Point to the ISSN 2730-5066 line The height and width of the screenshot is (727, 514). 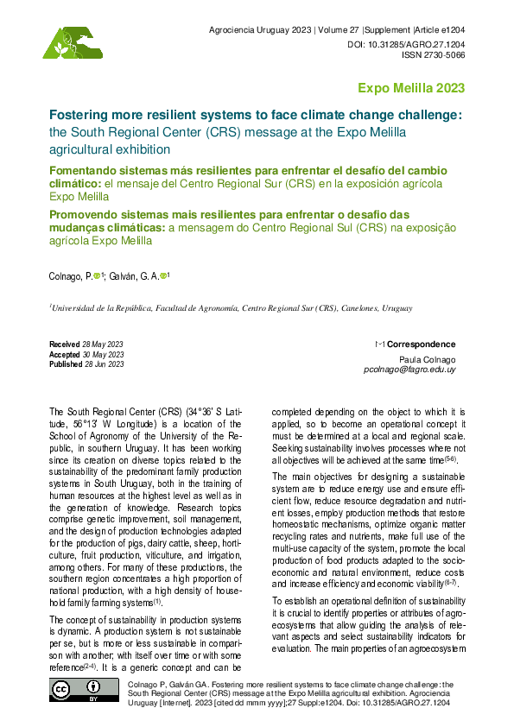point(434,54)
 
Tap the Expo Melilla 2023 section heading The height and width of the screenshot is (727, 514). point(411,88)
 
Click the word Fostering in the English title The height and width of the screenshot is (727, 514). point(77,114)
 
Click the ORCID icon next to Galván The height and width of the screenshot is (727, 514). point(164,275)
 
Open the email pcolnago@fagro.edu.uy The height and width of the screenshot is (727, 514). point(409,369)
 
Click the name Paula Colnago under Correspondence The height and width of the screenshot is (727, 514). point(427,358)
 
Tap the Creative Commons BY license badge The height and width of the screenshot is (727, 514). point(76,692)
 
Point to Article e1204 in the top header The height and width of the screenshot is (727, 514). point(439,30)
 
